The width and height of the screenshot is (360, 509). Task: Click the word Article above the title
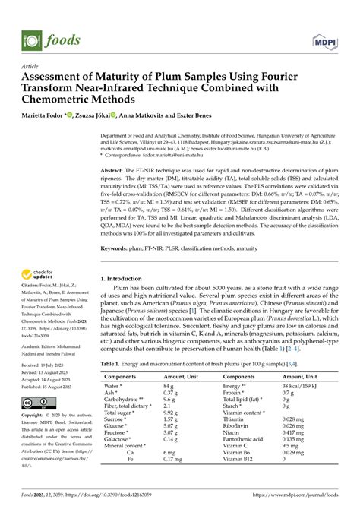30,67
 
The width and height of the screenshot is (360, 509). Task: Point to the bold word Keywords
117,248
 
